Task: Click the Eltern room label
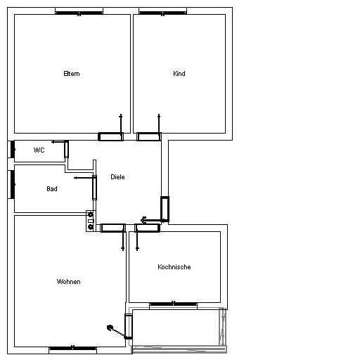72,74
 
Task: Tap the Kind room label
179,74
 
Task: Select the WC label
39,150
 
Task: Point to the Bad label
52,189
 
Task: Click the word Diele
117,177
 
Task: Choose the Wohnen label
69,281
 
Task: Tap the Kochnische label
174,267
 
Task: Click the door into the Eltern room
111,136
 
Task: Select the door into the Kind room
149,136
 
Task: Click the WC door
66,149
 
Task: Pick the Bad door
94,188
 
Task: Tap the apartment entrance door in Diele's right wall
165,209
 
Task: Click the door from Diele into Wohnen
112,228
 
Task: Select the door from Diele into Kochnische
148,228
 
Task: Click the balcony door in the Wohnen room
128,326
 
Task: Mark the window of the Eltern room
79,13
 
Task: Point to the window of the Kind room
162,13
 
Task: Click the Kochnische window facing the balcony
173,304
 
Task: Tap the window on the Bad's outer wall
13,184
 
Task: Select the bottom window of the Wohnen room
73,349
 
